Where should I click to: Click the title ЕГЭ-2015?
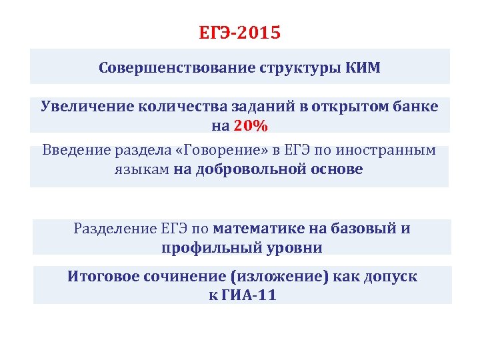point(240,33)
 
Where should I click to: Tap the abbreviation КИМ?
point(363,68)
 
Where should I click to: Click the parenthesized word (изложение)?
point(278,276)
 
